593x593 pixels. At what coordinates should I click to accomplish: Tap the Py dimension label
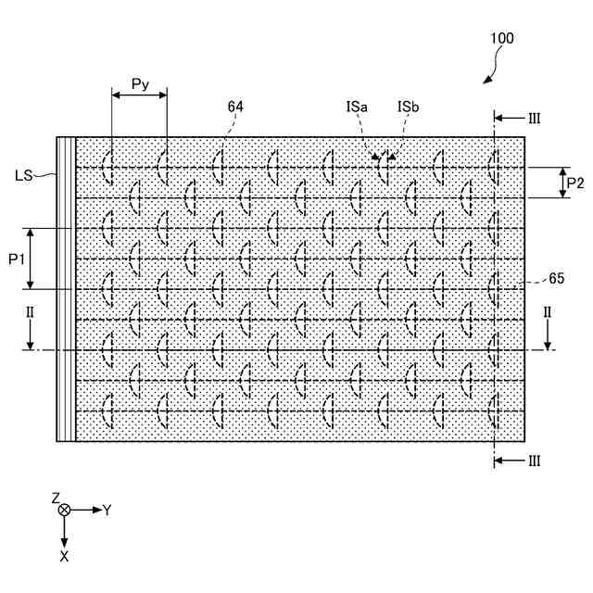139,84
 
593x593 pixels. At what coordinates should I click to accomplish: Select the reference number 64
235,107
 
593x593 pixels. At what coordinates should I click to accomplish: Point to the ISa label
357,107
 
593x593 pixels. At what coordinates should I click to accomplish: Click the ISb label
408,107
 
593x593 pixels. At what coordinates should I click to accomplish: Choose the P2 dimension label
575,183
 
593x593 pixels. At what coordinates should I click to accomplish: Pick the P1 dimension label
16,259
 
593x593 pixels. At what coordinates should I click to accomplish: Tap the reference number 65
557,278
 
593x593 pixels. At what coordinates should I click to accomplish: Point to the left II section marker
30,312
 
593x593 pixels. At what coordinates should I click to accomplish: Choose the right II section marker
547,312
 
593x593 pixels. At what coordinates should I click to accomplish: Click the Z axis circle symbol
64,511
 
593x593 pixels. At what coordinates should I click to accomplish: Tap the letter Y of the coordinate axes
107,510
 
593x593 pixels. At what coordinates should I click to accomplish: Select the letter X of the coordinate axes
64,556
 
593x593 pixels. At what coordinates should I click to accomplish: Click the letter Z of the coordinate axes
56,498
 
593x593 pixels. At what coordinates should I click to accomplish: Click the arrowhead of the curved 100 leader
486,82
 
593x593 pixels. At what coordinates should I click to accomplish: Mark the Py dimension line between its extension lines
139,95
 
